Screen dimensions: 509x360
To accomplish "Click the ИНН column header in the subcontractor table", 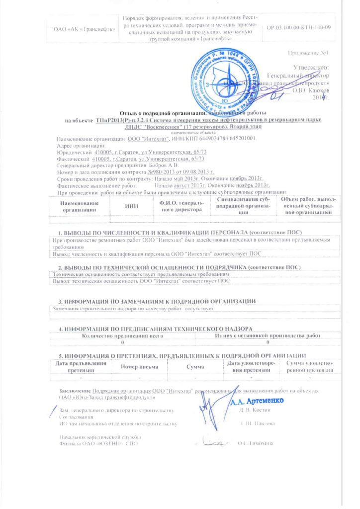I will point(131,206).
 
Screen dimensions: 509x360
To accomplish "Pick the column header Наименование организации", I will point(77,206).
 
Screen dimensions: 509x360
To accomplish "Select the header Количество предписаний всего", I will point(122,336).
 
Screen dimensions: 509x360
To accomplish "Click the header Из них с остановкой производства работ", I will point(268,336).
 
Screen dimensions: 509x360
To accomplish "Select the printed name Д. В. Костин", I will point(254,410).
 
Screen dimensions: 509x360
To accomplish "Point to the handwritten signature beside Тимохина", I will point(216,440).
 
